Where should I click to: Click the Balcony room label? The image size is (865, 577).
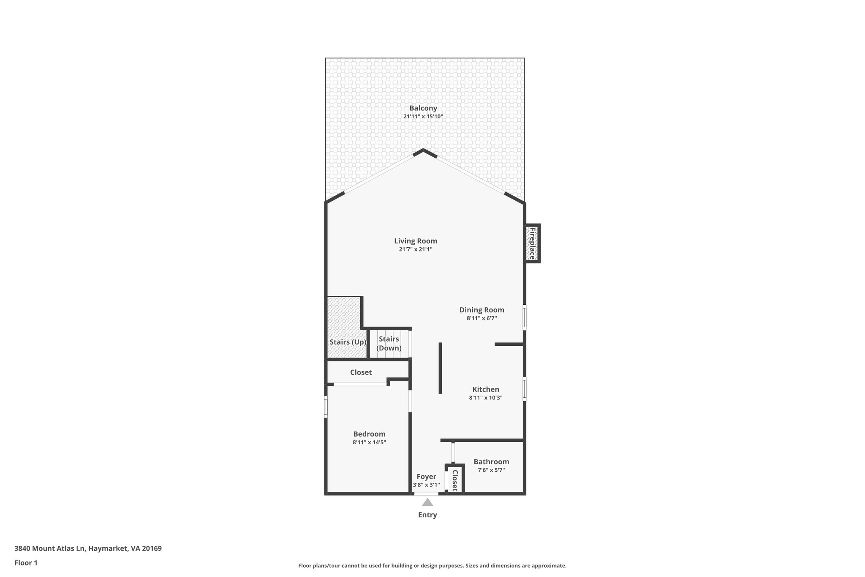pyautogui.click(x=423, y=108)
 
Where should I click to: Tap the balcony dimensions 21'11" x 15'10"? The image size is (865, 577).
pyautogui.click(x=423, y=117)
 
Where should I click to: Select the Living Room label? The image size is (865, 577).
pyautogui.click(x=416, y=241)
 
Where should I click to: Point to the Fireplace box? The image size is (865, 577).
pyautogui.click(x=532, y=243)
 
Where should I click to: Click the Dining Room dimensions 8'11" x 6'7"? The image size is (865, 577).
pyautogui.click(x=481, y=318)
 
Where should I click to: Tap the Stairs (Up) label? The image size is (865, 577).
pyautogui.click(x=348, y=342)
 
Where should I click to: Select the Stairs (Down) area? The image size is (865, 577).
pyautogui.click(x=389, y=344)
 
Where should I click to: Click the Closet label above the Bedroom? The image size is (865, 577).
pyautogui.click(x=361, y=372)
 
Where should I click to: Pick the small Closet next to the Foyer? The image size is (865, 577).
pyautogui.click(x=455, y=480)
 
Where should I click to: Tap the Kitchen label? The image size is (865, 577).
pyautogui.click(x=485, y=389)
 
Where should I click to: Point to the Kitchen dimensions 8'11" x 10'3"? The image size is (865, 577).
pyautogui.click(x=485, y=398)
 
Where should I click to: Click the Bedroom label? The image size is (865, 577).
pyautogui.click(x=369, y=434)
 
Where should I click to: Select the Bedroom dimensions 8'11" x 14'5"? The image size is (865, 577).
pyautogui.click(x=369, y=443)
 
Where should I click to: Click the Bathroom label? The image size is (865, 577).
pyautogui.click(x=491, y=462)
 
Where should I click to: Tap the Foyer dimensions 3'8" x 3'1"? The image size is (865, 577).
pyautogui.click(x=426, y=485)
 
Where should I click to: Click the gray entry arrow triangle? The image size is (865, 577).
pyautogui.click(x=427, y=503)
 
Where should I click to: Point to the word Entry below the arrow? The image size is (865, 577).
pyautogui.click(x=427, y=515)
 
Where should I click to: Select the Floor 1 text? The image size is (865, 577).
pyautogui.click(x=26, y=563)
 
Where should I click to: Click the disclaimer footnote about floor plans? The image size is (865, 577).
pyautogui.click(x=432, y=566)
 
